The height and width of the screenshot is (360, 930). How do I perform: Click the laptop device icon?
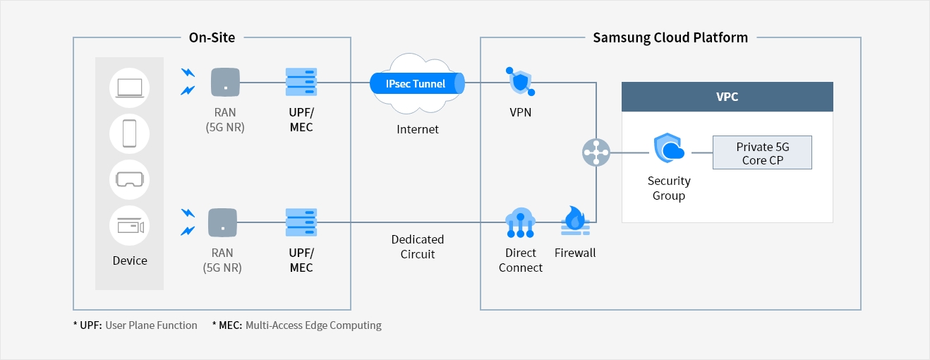(x=130, y=88)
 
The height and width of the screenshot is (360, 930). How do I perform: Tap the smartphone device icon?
(x=130, y=133)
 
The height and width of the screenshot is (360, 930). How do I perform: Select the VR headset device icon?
(x=130, y=180)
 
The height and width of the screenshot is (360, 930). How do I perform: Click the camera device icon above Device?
(x=130, y=226)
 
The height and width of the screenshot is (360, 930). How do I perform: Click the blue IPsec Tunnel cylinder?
(x=417, y=83)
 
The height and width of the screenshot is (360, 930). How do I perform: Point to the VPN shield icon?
(x=520, y=81)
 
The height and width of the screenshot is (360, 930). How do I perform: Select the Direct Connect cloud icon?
(x=520, y=222)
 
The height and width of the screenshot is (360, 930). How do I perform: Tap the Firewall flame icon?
(x=575, y=220)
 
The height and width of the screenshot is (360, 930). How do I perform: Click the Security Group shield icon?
(x=669, y=149)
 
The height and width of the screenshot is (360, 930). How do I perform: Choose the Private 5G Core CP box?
(x=762, y=152)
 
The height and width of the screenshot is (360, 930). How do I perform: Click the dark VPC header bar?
(x=727, y=97)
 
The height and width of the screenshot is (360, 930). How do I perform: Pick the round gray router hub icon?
(x=596, y=152)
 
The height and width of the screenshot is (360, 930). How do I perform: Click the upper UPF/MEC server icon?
(x=301, y=82)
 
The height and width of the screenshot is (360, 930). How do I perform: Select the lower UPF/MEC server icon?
(x=301, y=222)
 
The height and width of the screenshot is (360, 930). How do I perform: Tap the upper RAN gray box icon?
(x=225, y=82)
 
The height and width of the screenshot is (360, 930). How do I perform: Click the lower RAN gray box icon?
(x=222, y=222)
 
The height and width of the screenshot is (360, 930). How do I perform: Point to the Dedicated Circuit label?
(x=418, y=246)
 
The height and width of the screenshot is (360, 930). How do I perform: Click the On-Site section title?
(x=212, y=37)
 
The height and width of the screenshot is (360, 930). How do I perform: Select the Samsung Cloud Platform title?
(x=670, y=37)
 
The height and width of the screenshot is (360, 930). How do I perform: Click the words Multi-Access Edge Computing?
(x=313, y=325)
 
